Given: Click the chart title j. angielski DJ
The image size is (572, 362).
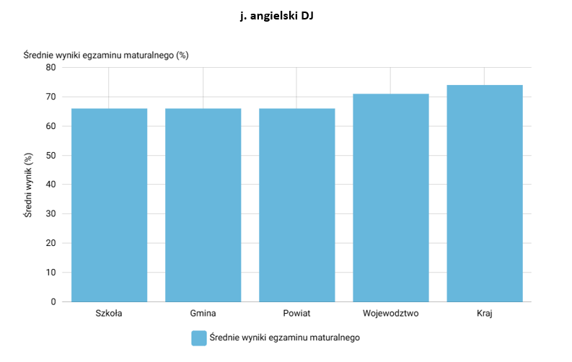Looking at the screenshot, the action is tap(276, 16).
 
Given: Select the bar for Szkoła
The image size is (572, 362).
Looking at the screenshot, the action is tap(109, 206).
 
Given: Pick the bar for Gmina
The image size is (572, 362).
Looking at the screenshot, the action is tap(203, 206).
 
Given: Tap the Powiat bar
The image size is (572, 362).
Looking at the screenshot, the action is tap(297, 206).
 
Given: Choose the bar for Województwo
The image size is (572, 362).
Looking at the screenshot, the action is tap(391, 198).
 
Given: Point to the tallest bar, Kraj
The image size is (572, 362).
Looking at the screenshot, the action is tap(485, 193).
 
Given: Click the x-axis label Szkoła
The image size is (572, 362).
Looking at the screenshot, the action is tap(109, 313).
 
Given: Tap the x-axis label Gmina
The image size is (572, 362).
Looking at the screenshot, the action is tap(203, 313).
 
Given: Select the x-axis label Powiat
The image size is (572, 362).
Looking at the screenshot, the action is tap(296, 313).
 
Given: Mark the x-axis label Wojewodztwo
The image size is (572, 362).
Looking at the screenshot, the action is tap(390, 313).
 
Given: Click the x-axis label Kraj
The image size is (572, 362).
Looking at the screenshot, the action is tap(485, 314).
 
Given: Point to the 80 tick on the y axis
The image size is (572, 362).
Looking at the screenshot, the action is tap(50, 68).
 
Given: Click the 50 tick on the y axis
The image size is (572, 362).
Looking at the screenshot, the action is tap(50, 155).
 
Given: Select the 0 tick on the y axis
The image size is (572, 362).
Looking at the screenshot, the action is tap(53, 302).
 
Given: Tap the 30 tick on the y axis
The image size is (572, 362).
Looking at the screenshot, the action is tap(50, 214).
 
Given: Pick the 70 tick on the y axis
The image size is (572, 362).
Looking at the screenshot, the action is tap(50, 97).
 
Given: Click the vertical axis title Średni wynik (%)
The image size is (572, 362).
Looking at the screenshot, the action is tap(28, 185).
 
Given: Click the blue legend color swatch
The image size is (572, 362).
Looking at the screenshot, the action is tap(199, 338).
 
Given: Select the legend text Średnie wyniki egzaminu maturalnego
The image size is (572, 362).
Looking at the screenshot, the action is tap(284, 337).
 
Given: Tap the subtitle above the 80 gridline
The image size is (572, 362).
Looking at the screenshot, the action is tap(106, 55).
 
